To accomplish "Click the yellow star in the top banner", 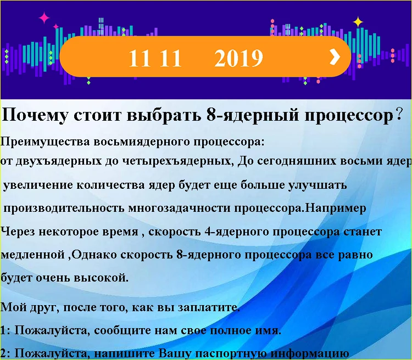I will coord(358,22).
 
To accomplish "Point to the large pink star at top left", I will coord(44,18).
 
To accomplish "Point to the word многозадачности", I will coord(181,209).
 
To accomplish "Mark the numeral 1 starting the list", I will coord(4,330).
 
